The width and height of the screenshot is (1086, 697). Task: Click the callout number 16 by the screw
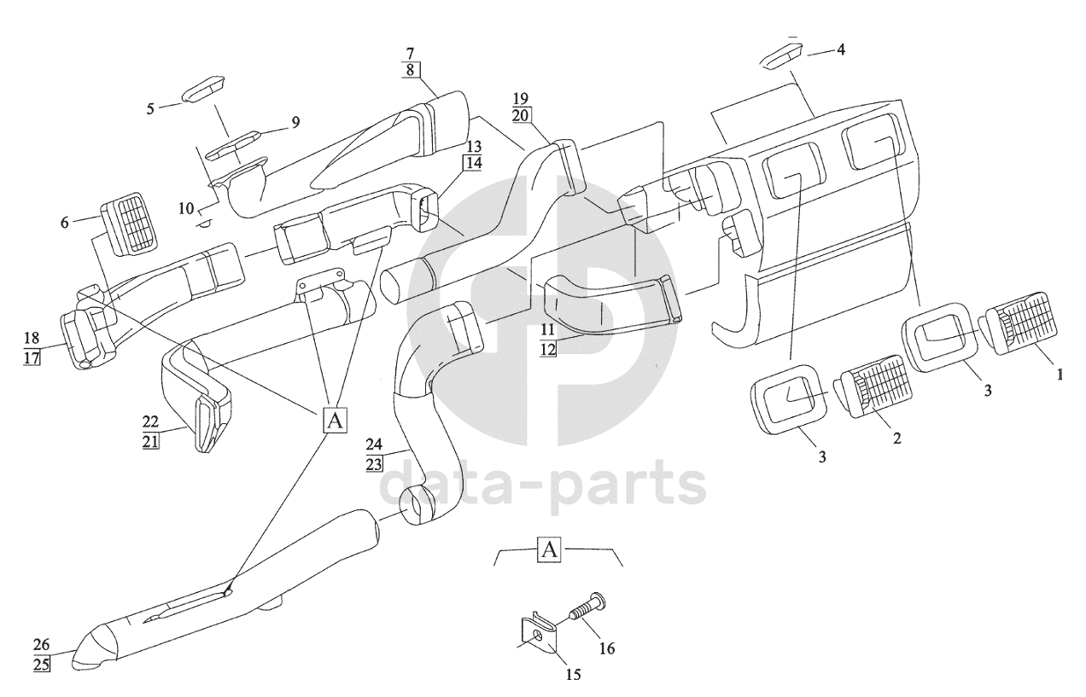606,648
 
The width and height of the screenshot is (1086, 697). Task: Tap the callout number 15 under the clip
573,674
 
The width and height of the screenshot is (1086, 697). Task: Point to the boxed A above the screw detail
549,550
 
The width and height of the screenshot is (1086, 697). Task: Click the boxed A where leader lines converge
335,420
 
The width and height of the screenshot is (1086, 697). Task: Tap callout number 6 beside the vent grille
64,223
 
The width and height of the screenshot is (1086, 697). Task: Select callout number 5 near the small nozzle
150,108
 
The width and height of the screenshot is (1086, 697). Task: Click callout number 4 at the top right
841,49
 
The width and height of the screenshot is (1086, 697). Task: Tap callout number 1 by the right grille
1060,374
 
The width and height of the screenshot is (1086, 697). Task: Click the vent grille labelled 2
873,386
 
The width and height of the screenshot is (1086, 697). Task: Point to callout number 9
295,122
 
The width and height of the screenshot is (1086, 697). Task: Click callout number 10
186,209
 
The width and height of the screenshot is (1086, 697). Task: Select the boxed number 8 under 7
410,70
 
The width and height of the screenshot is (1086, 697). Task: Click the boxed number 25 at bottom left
42,664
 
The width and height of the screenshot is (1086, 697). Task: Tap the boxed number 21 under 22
151,441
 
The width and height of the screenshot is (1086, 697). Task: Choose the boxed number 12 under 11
548,349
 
